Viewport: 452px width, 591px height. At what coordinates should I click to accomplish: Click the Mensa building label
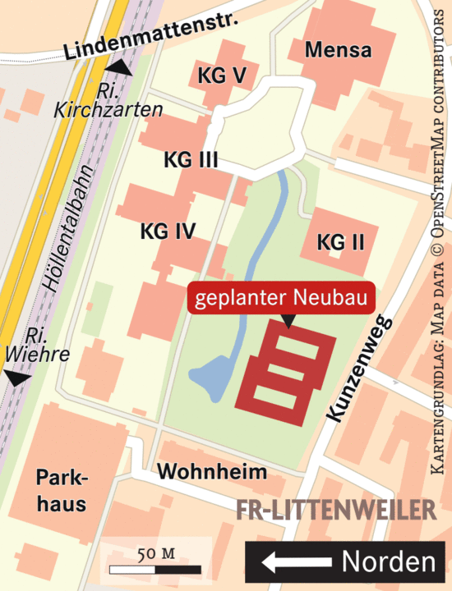click(338, 50)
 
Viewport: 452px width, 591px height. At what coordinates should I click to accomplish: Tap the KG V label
click(222, 76)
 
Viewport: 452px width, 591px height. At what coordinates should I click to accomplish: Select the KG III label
click(191, 159)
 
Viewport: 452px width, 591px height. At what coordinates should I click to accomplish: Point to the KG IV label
click(168, 231)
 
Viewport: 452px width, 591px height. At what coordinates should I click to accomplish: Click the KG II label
click(340, 243)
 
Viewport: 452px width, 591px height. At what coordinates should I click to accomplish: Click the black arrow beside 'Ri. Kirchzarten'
click(121, 68)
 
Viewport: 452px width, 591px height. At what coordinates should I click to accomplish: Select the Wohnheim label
click(213, 472)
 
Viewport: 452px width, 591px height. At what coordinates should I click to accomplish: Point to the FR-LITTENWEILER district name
click(336, 509)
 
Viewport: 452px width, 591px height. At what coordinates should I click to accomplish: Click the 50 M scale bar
click(155, 567)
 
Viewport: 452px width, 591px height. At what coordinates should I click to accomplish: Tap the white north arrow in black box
click(295, 562)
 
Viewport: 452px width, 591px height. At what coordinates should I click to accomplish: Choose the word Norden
click(388, 562)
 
